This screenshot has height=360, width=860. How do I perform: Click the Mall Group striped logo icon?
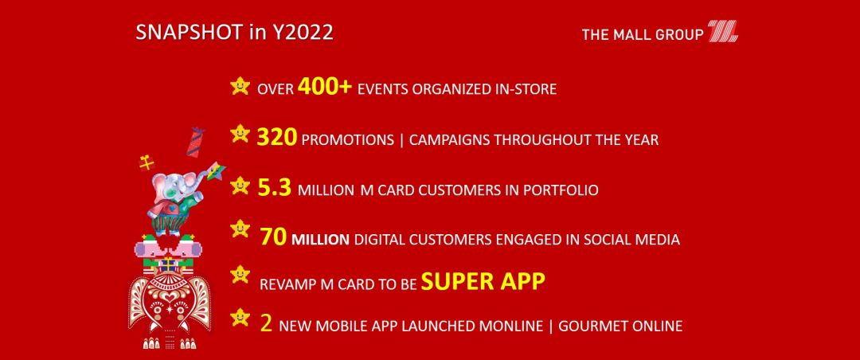tap(722, 31)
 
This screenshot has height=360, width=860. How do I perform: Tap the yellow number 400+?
tap(325, 87)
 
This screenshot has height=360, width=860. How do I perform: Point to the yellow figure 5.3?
tap(274, 188)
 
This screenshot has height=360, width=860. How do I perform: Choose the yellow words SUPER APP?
tap(483, 281)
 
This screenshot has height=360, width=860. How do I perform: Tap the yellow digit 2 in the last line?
tap(266, 323)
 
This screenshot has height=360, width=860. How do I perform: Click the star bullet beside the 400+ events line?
tap(240, 86)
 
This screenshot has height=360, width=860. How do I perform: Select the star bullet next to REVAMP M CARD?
tap(240, 274)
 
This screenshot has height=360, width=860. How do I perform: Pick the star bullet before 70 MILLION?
tap(240, 229)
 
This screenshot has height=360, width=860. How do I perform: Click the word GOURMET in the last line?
tap(593, 326)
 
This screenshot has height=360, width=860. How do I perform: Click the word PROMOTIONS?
tap(348, 140)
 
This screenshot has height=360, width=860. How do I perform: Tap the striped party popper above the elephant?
tap(195, 142)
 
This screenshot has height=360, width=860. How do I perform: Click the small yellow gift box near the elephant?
tap(147, 163)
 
